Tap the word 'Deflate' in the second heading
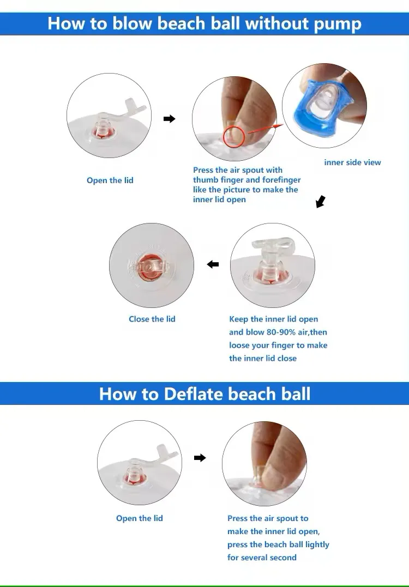[193, 394]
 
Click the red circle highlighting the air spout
[234, 137]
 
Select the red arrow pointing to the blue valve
[266, 129]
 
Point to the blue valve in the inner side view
[322, 107]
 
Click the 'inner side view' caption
[352, 162]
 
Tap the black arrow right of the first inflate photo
[169, 119]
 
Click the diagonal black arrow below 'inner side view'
[321, 202]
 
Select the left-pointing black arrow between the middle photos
[213, 264]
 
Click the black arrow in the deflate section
[200, 457]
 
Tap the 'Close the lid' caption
[152, 319]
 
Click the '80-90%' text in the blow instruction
[281, 332]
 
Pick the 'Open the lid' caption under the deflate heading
[139, 518]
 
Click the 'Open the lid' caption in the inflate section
[110, 180]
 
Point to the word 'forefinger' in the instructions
[281, 180]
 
